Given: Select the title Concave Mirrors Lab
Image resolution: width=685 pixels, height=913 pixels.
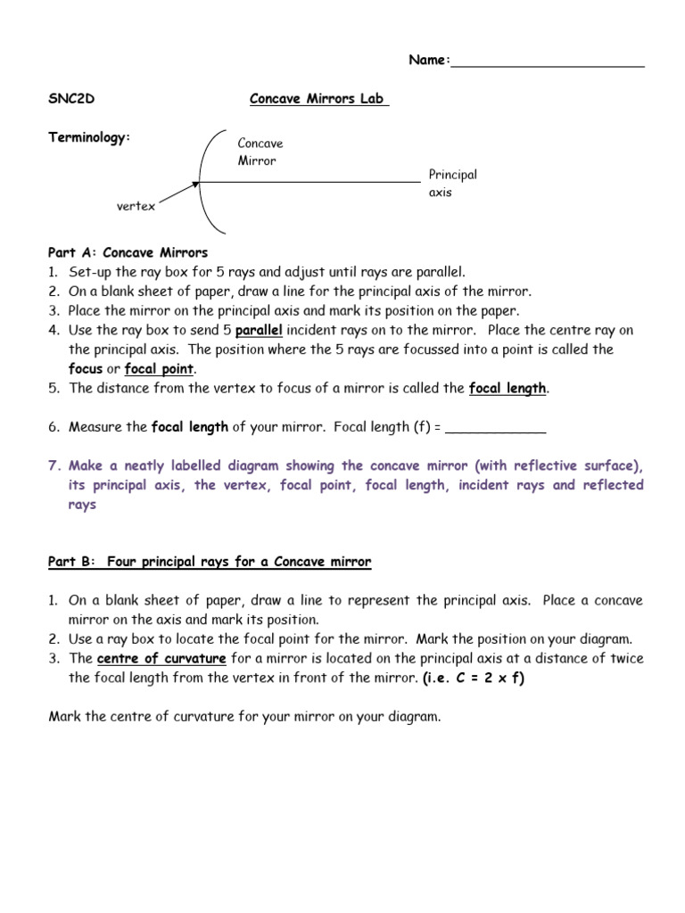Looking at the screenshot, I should [319, 99].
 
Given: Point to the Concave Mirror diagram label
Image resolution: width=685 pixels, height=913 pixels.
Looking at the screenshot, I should [260, 152].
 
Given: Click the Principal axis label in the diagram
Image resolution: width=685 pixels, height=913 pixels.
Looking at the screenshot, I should [452, 184].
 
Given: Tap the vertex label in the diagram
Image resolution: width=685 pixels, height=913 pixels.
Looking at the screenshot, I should [136, 206].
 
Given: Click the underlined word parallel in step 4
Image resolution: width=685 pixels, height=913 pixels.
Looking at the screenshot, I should [260, 329].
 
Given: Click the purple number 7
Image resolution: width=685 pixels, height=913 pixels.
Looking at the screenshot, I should [54, 465].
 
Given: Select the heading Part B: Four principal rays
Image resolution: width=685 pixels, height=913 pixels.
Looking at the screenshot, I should [210, 562].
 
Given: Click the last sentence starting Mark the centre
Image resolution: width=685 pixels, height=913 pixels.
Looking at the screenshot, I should [245, 717].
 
